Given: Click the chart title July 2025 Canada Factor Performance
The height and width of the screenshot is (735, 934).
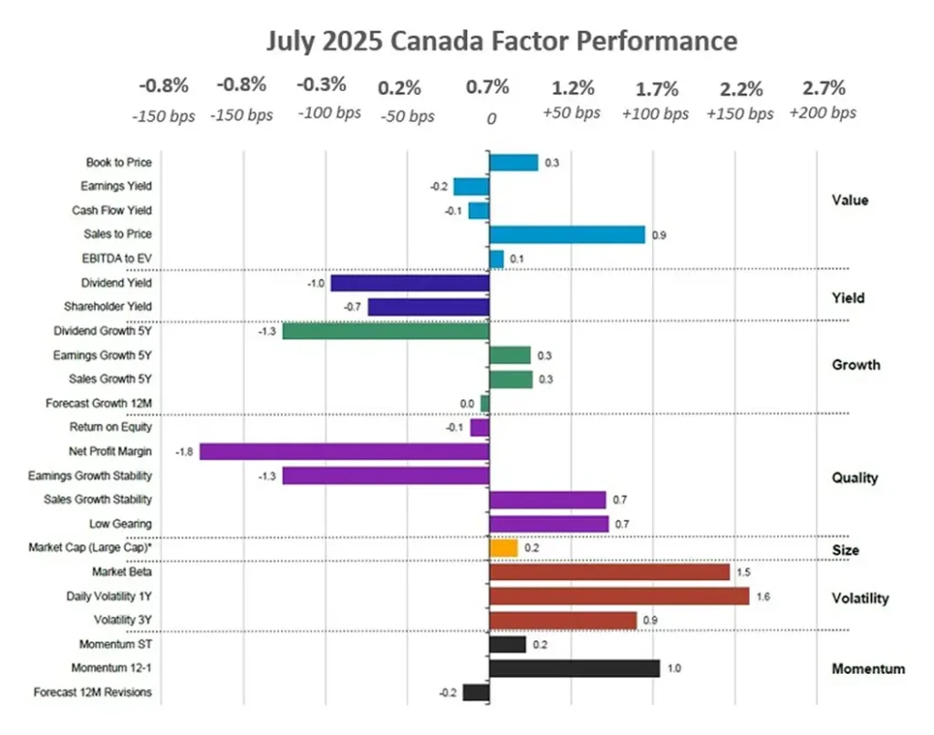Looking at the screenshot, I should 502,41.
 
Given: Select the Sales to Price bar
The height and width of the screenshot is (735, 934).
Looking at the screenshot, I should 566,234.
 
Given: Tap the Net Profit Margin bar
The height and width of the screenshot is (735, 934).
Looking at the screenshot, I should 345,450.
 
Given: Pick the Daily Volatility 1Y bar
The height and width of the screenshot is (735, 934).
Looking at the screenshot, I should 619,595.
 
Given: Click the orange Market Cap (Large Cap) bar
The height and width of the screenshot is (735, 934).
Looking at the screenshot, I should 503,548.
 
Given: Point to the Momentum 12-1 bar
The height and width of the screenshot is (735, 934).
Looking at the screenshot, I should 575,668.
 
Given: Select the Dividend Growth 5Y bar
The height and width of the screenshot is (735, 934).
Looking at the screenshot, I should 386,331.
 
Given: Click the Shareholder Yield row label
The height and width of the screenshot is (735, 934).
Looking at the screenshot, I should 108,306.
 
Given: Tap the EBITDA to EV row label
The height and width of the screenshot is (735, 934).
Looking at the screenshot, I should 117,259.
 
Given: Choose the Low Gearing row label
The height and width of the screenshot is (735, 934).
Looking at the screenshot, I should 120,523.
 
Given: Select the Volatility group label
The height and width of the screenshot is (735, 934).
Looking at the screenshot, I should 859,598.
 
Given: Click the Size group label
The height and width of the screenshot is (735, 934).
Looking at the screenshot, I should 846,550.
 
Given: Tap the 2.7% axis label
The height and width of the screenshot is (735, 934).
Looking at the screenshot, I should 824,88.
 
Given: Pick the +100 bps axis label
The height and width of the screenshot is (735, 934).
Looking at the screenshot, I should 657,114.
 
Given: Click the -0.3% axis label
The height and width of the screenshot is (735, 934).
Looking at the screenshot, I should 321,86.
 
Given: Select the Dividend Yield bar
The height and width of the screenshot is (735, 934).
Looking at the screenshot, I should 410,283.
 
